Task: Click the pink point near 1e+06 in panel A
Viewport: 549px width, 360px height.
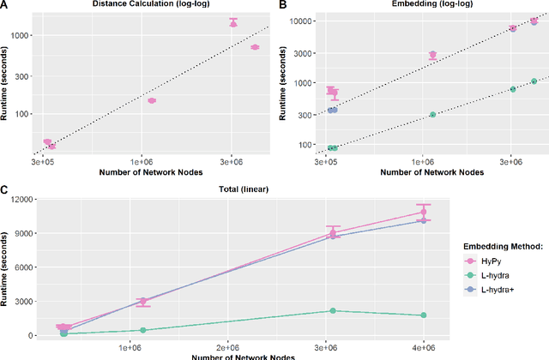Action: click(x=152, y=100)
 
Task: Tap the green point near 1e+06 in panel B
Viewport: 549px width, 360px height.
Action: click(x=432, y=114)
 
